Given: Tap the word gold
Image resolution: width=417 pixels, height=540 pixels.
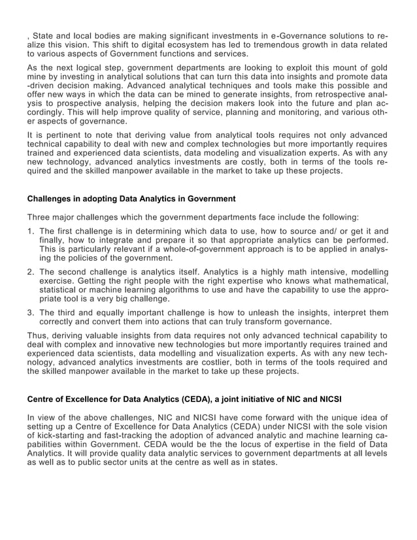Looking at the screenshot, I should [377, 67].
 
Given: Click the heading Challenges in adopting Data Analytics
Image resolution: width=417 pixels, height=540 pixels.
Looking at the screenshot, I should [131, 198].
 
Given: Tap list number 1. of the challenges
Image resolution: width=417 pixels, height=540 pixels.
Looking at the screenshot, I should [31, 231].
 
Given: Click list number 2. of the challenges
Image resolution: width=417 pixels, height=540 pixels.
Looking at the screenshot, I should [31, 272].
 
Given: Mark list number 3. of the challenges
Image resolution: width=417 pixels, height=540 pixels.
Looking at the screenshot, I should [31, 312].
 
